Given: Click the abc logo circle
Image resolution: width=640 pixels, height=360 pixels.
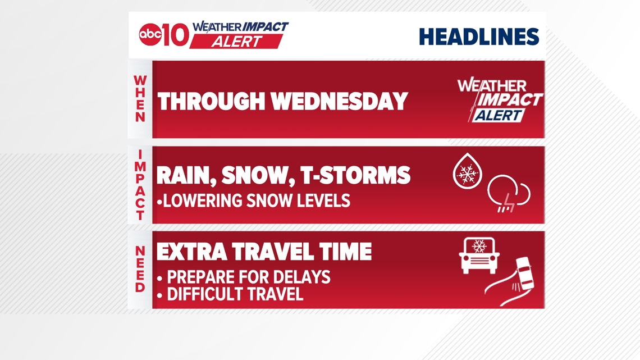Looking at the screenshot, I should click(150, 35).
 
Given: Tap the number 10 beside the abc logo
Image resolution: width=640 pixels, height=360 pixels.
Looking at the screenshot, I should click(173, 35).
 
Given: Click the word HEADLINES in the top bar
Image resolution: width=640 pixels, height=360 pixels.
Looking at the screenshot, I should click(479, 37).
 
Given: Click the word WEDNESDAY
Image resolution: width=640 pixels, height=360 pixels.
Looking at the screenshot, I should click(340, 102).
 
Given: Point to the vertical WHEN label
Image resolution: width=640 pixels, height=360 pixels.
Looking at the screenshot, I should click(140, 99).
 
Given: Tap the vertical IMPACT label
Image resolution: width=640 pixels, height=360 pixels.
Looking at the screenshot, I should click(140, 185).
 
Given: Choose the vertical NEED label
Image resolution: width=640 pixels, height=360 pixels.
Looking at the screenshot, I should click(140, 270).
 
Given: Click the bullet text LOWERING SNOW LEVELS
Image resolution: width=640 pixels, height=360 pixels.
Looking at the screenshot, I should click(253, 200).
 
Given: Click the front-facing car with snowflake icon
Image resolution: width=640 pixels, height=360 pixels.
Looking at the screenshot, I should click(479, 256).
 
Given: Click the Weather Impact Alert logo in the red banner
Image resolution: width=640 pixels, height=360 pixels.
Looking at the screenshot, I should click(499, 101).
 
